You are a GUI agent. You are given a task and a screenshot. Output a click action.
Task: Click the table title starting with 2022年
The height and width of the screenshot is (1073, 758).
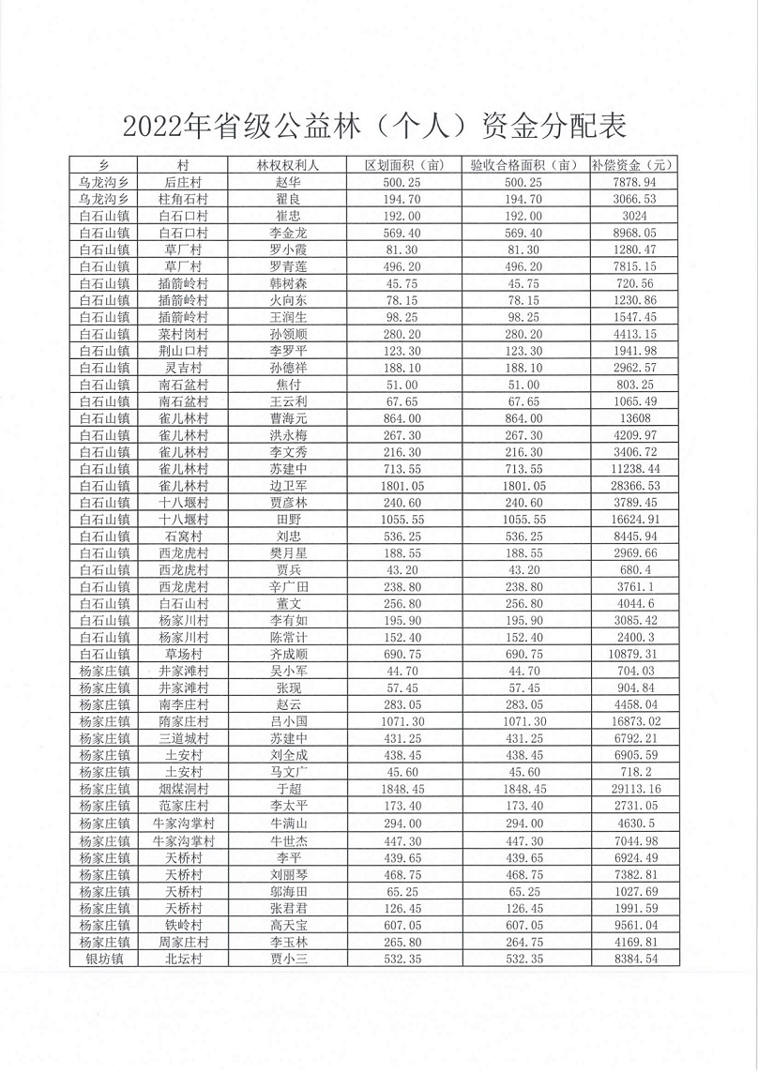tap(373, 126)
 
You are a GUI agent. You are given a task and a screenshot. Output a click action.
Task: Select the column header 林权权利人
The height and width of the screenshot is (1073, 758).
tap(288, 165)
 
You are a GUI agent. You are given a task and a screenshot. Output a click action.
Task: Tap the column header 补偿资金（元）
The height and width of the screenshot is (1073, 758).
tap(634, 165)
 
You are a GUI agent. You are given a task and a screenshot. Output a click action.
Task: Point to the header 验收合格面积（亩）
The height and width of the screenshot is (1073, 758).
tap(523, 165)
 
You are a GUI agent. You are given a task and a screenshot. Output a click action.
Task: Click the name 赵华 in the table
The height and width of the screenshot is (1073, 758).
tap(288, 182)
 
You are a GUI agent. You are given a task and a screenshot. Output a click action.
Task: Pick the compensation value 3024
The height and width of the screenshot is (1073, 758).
tap(634, 216)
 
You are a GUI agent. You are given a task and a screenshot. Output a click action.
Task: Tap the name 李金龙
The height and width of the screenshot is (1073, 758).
tap(288, 233)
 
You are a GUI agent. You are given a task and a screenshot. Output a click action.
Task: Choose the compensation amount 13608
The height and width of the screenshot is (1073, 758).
tap(634, 417)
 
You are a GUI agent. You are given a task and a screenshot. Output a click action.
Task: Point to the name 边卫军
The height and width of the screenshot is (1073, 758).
tap(288, 485)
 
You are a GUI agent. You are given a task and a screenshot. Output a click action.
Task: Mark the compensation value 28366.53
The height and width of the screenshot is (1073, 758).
tap(634, 485)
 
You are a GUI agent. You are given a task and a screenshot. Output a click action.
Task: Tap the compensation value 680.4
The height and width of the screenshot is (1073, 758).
tap(634, 569)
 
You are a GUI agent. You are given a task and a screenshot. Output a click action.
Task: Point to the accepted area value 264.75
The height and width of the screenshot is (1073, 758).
tap(523, 941)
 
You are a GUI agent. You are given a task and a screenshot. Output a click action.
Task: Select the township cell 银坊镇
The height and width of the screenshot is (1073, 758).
tap(105, 958)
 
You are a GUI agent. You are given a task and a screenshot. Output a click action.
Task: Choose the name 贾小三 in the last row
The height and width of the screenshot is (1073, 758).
tap(288, 958)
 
